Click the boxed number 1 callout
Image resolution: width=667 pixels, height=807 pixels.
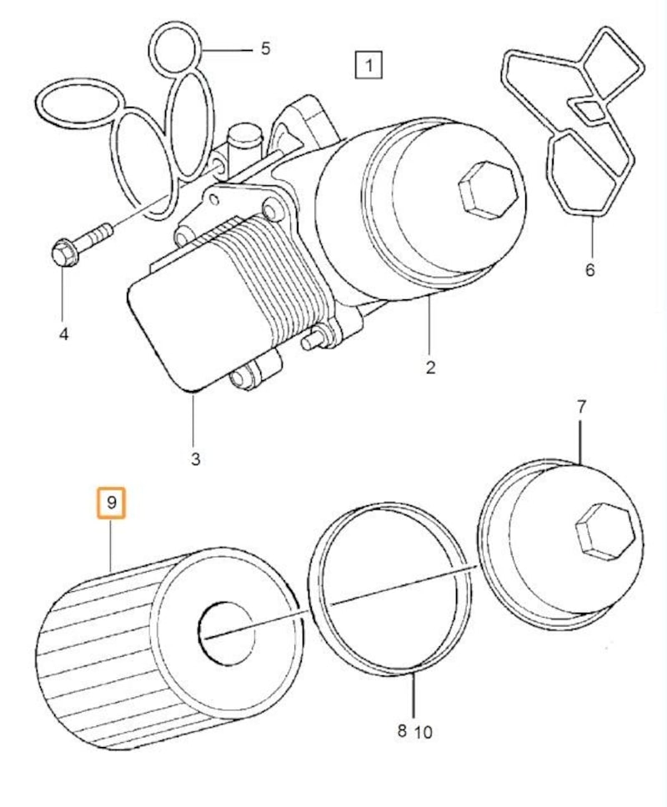[368, 63]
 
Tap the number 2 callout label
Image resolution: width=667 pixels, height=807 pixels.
[430, 368]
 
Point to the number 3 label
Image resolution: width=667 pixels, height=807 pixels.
[195, 459]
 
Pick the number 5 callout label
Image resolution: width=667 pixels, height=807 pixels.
[265, 48]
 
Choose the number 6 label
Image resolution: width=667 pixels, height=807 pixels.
[590, 270]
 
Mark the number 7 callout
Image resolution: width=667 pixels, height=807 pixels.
[582, 407]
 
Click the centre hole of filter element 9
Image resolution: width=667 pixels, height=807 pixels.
[225, 631]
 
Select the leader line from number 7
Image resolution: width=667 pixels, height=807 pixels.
[581, 442]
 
